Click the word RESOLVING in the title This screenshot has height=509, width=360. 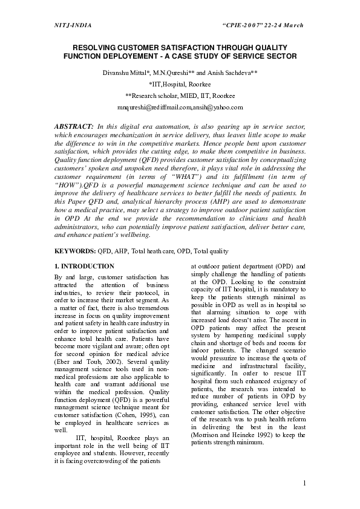click(x=96, y=47)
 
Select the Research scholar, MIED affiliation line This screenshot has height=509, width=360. click(x=180, y=96)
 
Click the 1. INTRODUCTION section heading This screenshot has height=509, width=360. click(x=84, y=266)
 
